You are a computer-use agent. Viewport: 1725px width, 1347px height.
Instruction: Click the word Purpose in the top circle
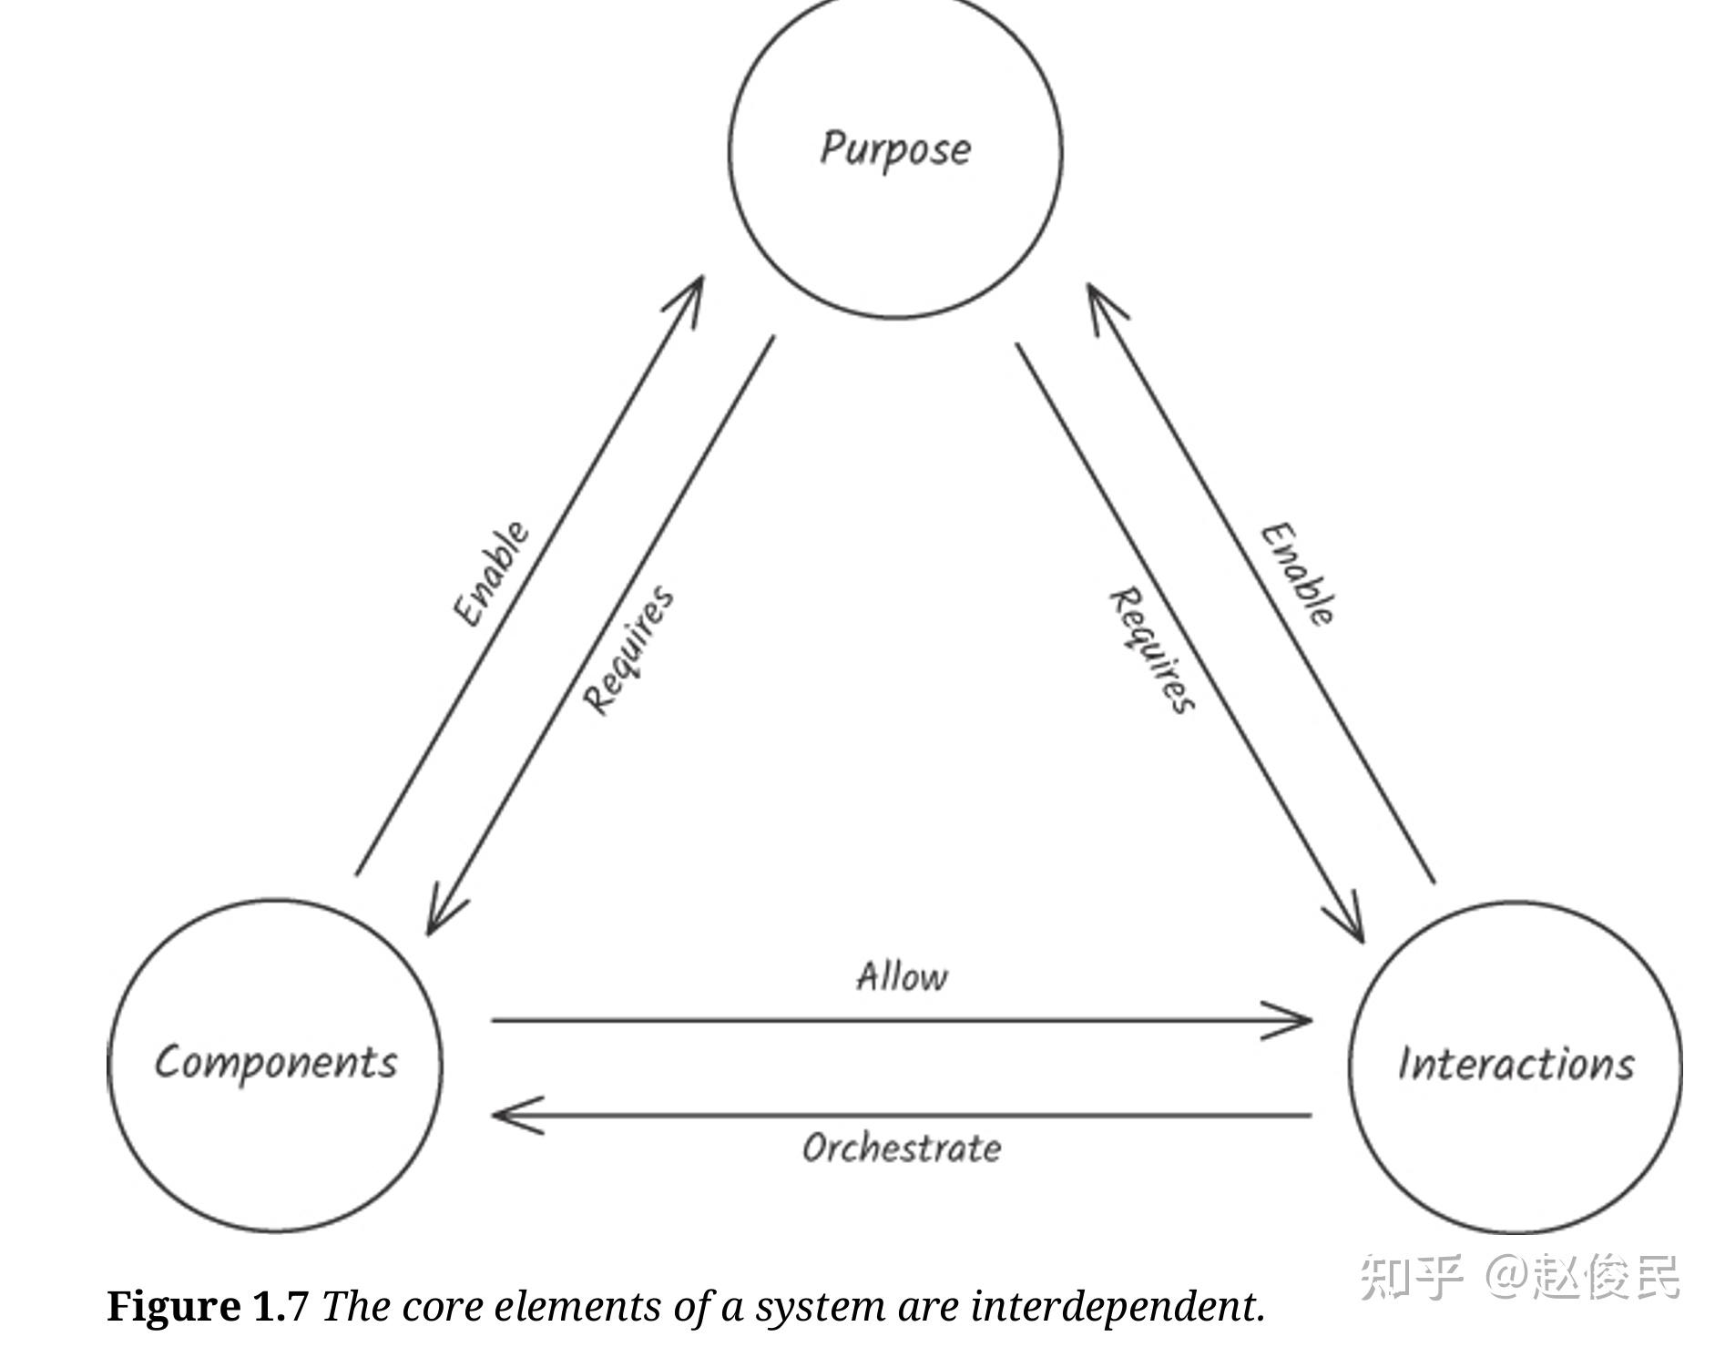(x=895, y=149)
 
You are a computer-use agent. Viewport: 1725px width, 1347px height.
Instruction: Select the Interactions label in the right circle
(x=1516, y=1065)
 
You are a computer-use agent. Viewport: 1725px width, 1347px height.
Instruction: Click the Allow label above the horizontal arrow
(x=902, y=977)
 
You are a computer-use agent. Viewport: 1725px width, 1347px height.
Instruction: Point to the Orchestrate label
(x=902, y=1148)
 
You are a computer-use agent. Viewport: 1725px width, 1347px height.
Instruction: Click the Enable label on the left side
(x=491, y=574)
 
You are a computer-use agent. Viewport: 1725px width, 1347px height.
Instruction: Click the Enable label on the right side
(x=1299, y=575)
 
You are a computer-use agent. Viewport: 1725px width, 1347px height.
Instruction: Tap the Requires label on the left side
(x=629, y=650)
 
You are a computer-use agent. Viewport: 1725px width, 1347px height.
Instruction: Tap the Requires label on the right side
(x=1151, y=650)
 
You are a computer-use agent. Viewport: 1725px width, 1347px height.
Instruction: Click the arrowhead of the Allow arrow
(x=1298, y=1020)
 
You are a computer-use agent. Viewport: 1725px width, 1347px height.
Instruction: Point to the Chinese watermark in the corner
(x=1518, y=1276)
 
